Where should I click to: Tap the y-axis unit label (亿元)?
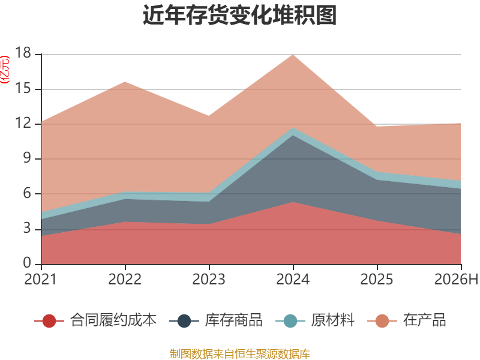(x=5, y=70)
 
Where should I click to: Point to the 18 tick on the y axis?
(x=23, y=53)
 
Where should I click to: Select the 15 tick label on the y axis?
(x=23, y=88)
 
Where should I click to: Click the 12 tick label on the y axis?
(x=23, y=124)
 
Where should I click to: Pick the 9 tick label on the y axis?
(x=27, y=158)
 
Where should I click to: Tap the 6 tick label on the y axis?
(x=27, y=193)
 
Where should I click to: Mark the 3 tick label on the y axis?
(x=27, y=229)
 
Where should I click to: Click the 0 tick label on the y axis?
(x=27, y=263)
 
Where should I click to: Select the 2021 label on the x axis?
(x=41, y=279)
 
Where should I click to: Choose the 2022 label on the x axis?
(x=125, y=279)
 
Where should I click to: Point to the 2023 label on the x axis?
(x=209, y=279)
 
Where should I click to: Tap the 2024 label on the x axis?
(x=293, y=279)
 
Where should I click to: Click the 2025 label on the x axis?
(x=377, y=279)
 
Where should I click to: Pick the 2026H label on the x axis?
(x=456, y=279)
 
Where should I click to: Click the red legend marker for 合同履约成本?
(x=49, y=321)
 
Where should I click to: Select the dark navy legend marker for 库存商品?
(x=184, y=321)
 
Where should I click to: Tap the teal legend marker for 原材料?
(x=290, y=321)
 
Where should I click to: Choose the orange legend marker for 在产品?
(x=382, y=321)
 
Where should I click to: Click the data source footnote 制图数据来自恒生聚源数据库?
(x=240, y=354)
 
